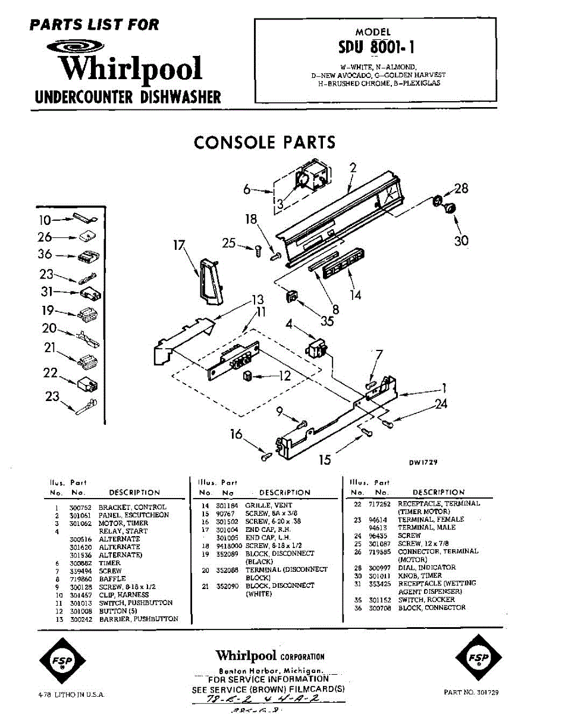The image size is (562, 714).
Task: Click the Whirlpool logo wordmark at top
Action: coord(131,68)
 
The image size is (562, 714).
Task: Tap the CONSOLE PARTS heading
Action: coord(265,143)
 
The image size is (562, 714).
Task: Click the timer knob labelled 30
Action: coord(450,208)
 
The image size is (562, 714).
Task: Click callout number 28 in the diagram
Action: coord(461,189)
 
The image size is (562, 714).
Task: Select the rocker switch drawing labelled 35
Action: coord(291,296)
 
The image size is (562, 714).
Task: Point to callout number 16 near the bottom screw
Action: coord(237,435)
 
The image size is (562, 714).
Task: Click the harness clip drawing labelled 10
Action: coord(81,219)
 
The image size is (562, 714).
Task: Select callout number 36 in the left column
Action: coord(45,255)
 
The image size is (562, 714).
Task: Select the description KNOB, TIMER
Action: coord(419,575)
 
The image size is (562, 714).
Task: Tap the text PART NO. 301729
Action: coord(471,693)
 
